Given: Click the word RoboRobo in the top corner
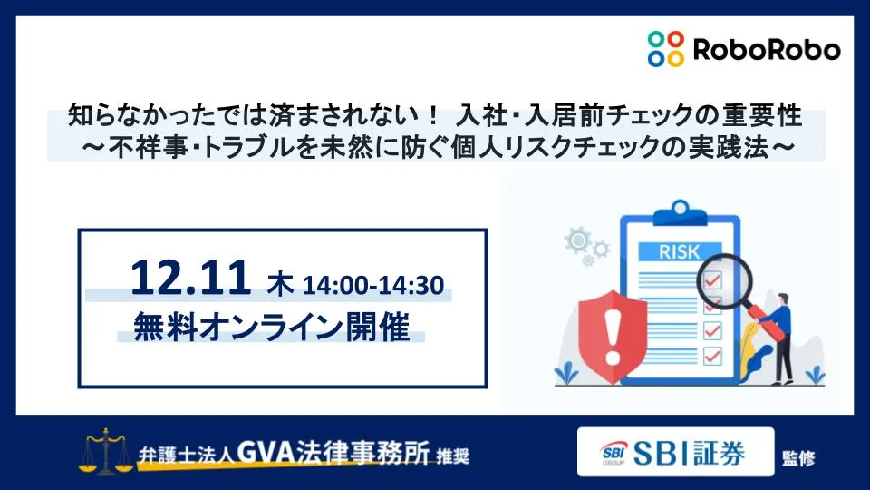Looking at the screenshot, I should click(767, 49).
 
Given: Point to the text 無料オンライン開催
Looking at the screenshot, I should click(271, 326).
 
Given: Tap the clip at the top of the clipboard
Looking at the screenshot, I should click(669, 201).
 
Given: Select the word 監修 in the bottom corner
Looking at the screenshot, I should click(800, 457).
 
